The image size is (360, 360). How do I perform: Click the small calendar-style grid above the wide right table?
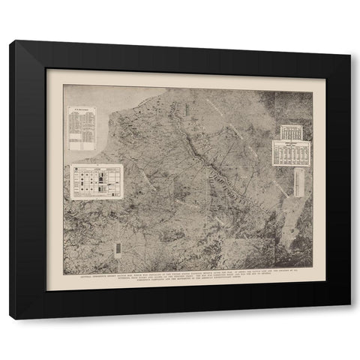(289, 132)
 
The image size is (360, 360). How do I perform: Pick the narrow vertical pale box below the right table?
(298, 182)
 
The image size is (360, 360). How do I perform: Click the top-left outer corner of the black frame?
(10, 41)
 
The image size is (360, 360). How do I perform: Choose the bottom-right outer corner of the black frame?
(349, 307)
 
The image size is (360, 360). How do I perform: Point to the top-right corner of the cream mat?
(325, 70)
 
